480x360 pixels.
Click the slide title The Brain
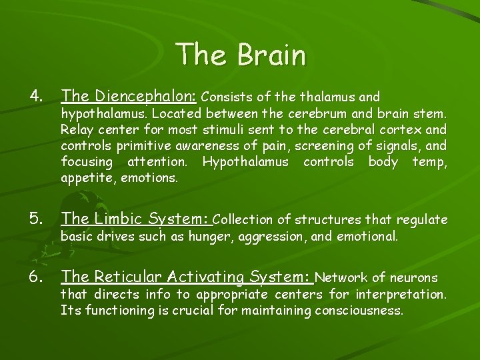click(241, 54)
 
